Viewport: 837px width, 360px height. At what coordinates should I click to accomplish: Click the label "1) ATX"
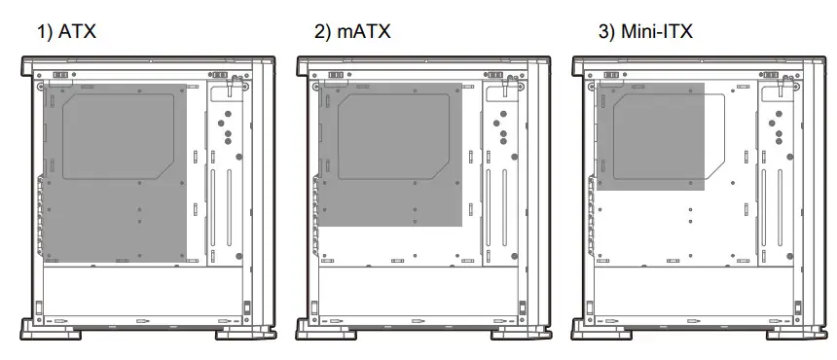67,32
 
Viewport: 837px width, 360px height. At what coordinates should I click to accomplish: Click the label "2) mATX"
351,32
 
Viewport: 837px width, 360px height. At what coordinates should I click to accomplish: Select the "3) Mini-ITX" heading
644,32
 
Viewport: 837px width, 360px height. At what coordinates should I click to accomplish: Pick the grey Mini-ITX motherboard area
649,136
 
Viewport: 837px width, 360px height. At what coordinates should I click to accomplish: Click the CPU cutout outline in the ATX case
125,137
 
